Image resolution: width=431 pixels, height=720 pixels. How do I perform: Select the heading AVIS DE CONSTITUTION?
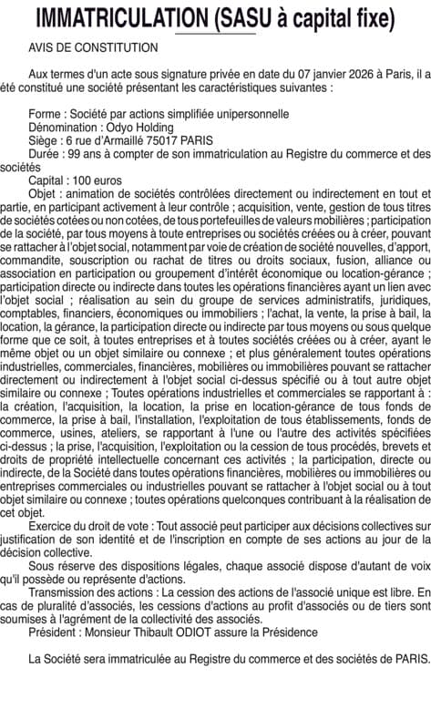[93, 46]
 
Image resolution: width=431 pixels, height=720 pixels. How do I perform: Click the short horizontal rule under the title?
[214, 33]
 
